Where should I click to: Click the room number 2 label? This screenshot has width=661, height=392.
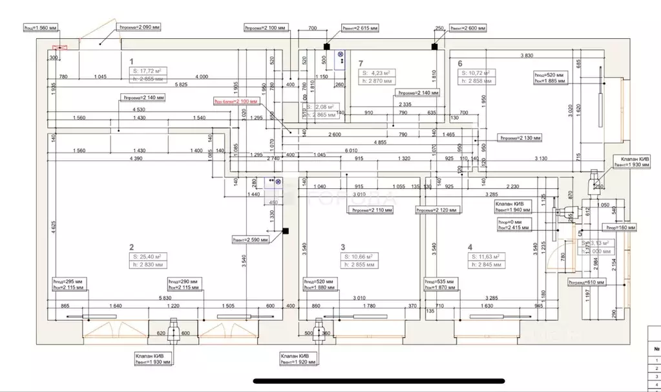131,247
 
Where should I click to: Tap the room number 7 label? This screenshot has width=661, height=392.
361,63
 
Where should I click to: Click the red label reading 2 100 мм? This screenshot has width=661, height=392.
236,102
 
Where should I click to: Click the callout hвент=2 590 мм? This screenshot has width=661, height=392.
254,240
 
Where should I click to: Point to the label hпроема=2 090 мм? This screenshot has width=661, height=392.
139,28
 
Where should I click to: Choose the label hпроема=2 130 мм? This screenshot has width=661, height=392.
521,138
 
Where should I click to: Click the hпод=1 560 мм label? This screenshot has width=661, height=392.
40,28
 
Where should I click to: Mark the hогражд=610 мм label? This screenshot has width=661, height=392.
586,283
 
